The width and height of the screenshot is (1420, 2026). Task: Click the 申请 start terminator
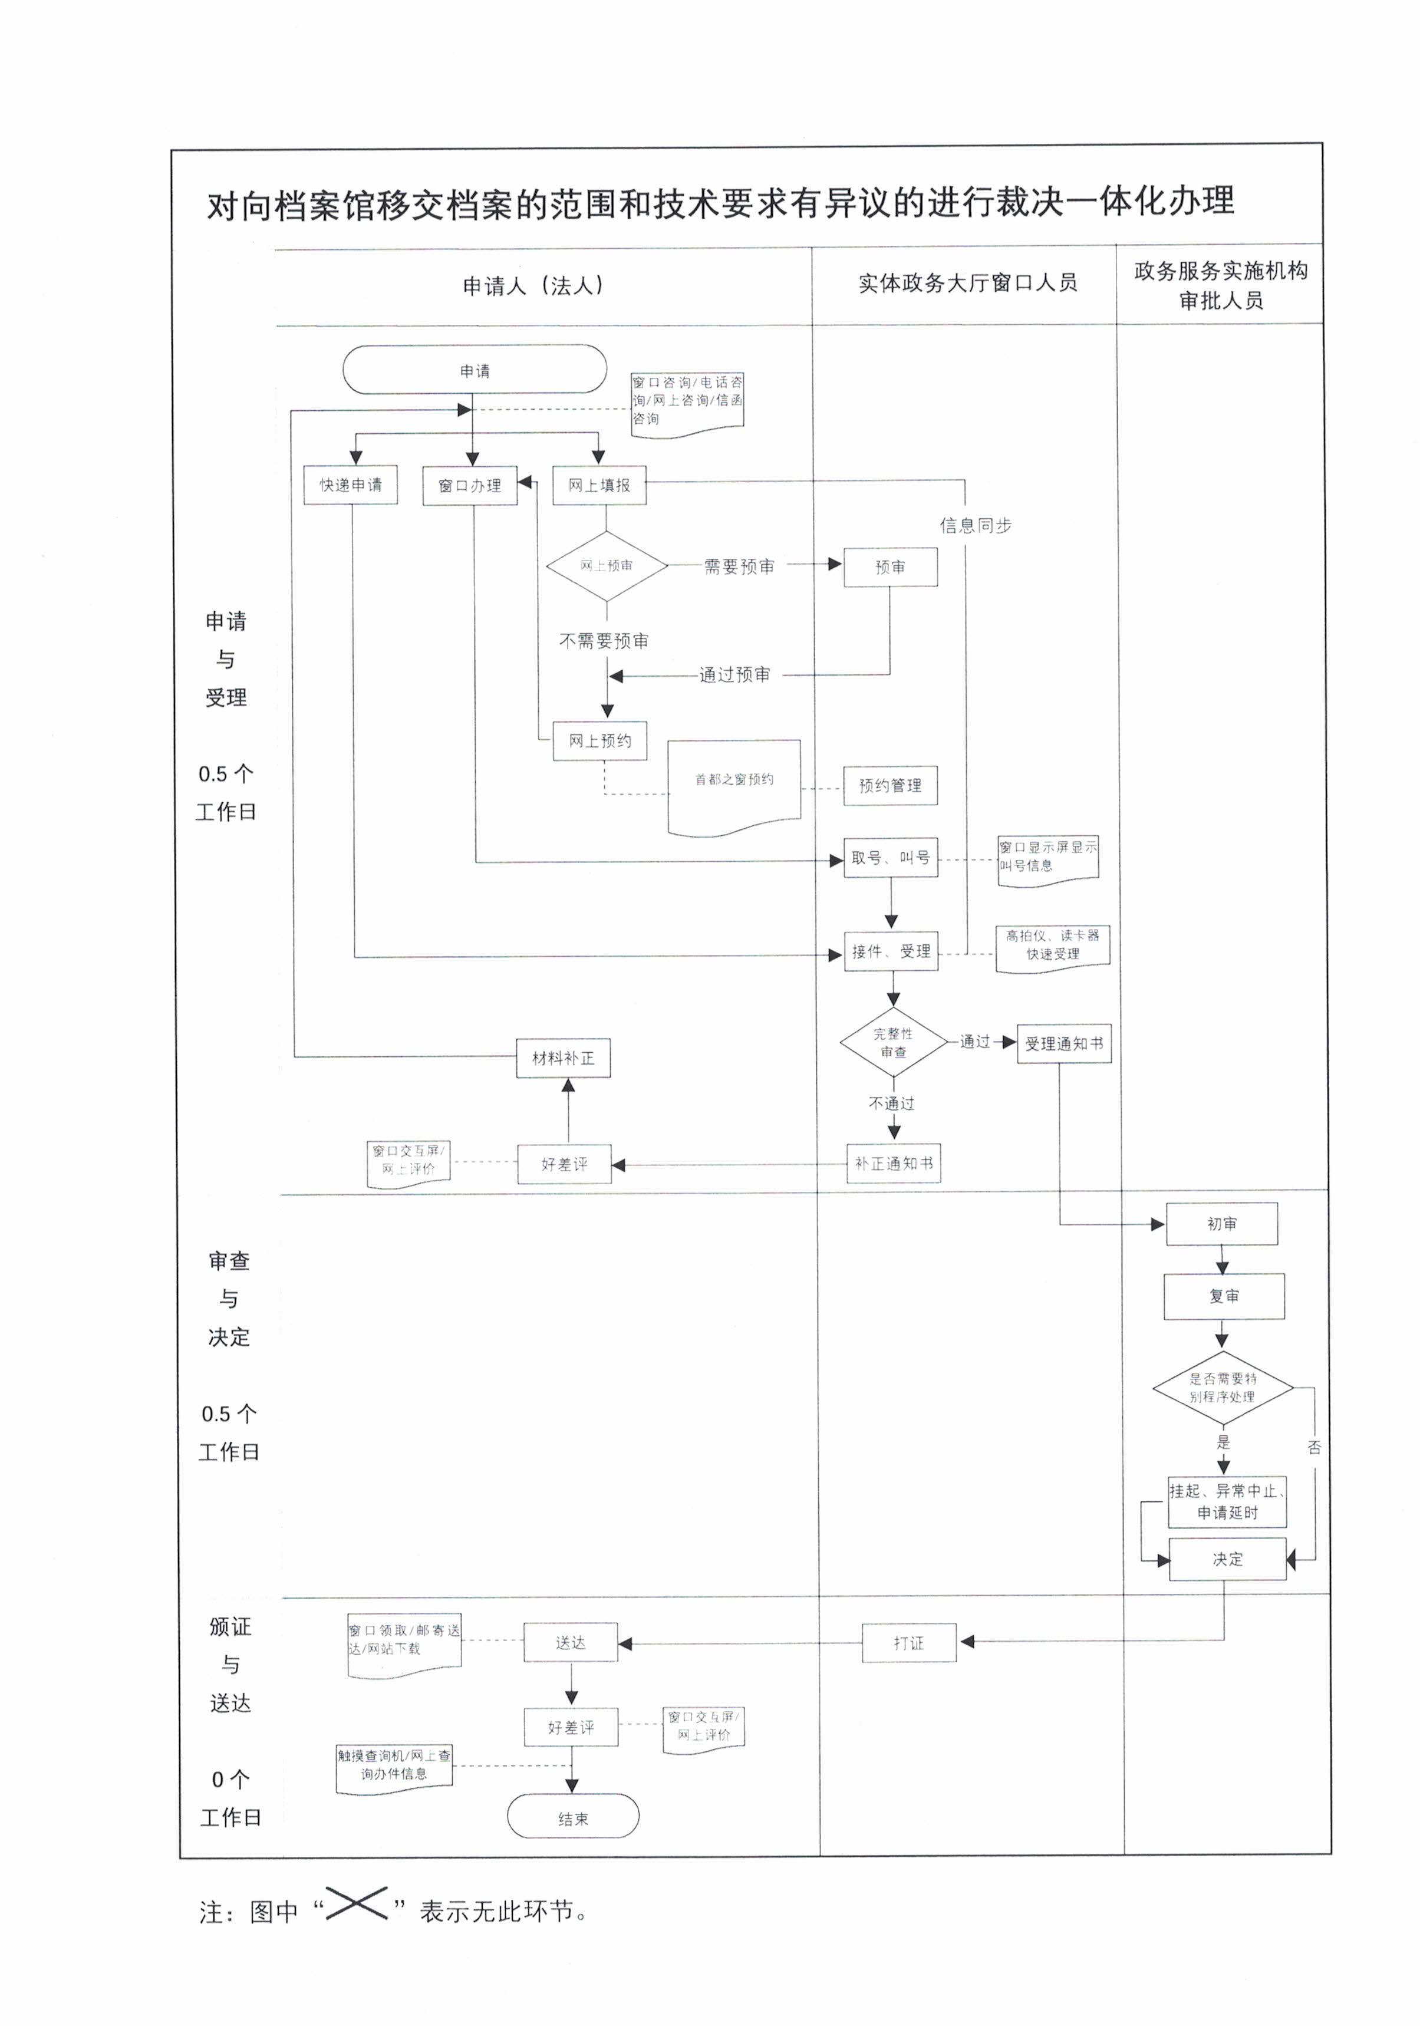pyautogui.click(x=474, y=370)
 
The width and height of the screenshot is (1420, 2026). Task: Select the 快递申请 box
pyautogui.click(x=350, y=485)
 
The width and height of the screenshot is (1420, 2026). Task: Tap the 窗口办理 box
pyautogui.click(x=470, y=485)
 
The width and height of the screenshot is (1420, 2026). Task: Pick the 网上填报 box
pyautogui.click(x=599, y=485)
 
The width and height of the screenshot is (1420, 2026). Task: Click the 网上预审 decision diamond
pyautogui.click(x=607, y=566)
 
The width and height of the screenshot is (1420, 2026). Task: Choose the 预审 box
pyautogui.click(x=889, y=566)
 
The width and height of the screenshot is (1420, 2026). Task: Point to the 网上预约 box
pyautogui.click(x=599, y=740)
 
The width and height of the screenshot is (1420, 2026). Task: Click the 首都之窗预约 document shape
pyautogui.click(x=733, y=783)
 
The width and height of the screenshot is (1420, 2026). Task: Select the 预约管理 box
pyautogui.click(x=889, y=785)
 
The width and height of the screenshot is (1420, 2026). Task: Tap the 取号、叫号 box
pyautogui.click(x=889, y=858)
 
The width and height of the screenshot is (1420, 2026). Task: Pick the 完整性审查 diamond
pyautogui.click(x=893, y=1043)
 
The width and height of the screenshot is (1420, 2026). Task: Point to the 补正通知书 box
pyautogui.click(x=893, y=1164)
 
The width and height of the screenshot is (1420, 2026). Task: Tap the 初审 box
pyautogui.click(x=1221, y=1224)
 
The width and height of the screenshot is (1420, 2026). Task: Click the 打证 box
pyautogui.click(x=908, y=1643)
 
